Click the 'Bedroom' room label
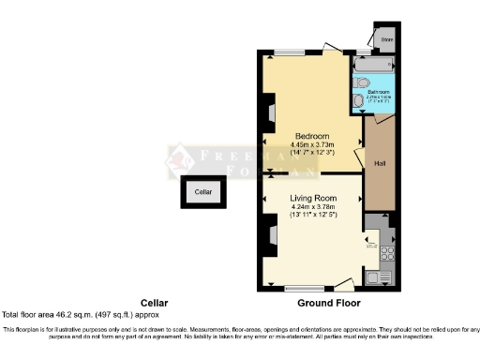tap(309, 134)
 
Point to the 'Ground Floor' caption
tap(328, 303)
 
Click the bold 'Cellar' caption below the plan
tap(154, 303)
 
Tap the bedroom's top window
tap(291, 50)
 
